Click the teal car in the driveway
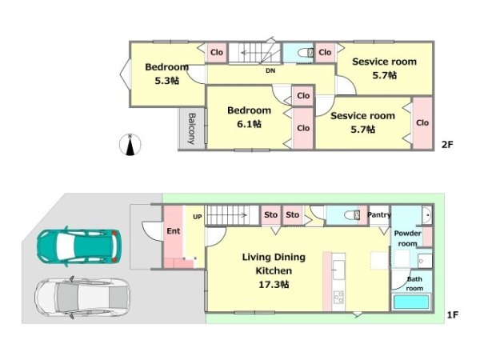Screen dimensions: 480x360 point(79,246)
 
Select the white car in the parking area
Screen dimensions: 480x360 point(82,298)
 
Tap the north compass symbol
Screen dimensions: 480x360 point(130,145)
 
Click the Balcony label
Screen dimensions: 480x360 point(192,129)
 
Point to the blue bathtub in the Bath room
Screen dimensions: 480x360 point(411,302)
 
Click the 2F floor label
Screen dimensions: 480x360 point(447,145)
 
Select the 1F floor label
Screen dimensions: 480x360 point(452,314)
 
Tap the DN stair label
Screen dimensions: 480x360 point(270,70)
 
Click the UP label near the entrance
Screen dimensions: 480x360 point(198,217)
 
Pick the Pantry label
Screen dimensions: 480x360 point(379,215)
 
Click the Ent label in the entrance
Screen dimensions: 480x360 point(174,231)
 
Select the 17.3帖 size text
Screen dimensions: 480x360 point(274,284)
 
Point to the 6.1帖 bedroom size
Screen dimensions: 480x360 point(249,124)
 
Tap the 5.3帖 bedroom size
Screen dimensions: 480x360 point(166,81)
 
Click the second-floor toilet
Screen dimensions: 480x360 point(306,53)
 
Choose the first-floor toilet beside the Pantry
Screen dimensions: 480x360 point(352,215)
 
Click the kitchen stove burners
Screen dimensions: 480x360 point(339,297)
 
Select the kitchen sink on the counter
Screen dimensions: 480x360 point(338,270)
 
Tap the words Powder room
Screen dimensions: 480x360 point(408,238)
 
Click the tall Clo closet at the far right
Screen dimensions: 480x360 point(422,123)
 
